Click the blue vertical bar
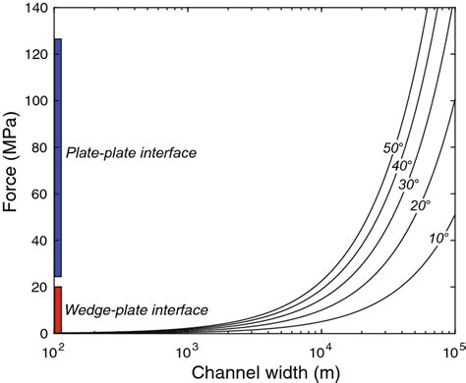pos(58,157)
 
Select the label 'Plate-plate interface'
pos(132,153)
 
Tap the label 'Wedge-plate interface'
pos(136,310)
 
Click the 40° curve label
pos(402,166)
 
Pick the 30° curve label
pos(409,184)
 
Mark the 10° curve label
pos(438,238)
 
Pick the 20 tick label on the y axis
pos(39,288)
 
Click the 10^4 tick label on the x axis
pos(320,349)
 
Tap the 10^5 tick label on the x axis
pos(451,349)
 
